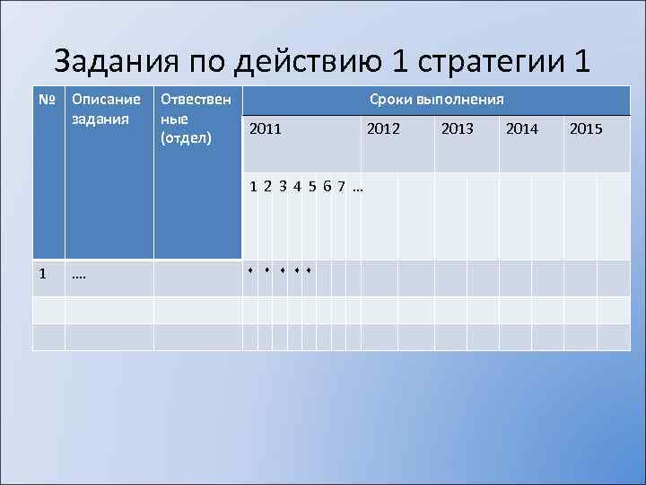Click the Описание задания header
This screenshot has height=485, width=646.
105,109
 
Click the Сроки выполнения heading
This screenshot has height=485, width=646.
436,99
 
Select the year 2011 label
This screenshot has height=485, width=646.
266,129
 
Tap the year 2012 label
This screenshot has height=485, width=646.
383,129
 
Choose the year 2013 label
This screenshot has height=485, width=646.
458,129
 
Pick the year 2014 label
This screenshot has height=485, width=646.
522,129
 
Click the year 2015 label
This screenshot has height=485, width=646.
586,129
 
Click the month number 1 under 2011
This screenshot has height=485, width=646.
255,187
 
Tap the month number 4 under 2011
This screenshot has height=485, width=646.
297,187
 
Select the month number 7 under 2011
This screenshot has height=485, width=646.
342,187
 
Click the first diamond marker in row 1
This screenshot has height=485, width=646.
251,269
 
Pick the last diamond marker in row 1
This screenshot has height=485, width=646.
308,269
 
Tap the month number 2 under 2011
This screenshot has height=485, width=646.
268,187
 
